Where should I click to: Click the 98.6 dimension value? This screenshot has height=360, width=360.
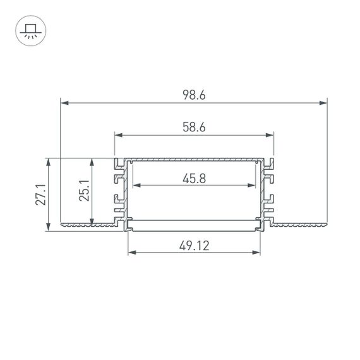[194, 95]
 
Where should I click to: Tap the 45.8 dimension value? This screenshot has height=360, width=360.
[194, 179]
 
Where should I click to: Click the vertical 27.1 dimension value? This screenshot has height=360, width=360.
[40, 195]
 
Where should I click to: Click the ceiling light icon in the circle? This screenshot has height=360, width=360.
[29, 30]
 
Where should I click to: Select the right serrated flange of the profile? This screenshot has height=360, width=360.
[300, 224]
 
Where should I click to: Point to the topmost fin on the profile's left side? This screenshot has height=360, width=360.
[118, 166]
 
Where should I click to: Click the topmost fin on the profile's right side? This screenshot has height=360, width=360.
[270, 166]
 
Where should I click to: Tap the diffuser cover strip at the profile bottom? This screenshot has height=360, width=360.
[194, 220]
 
